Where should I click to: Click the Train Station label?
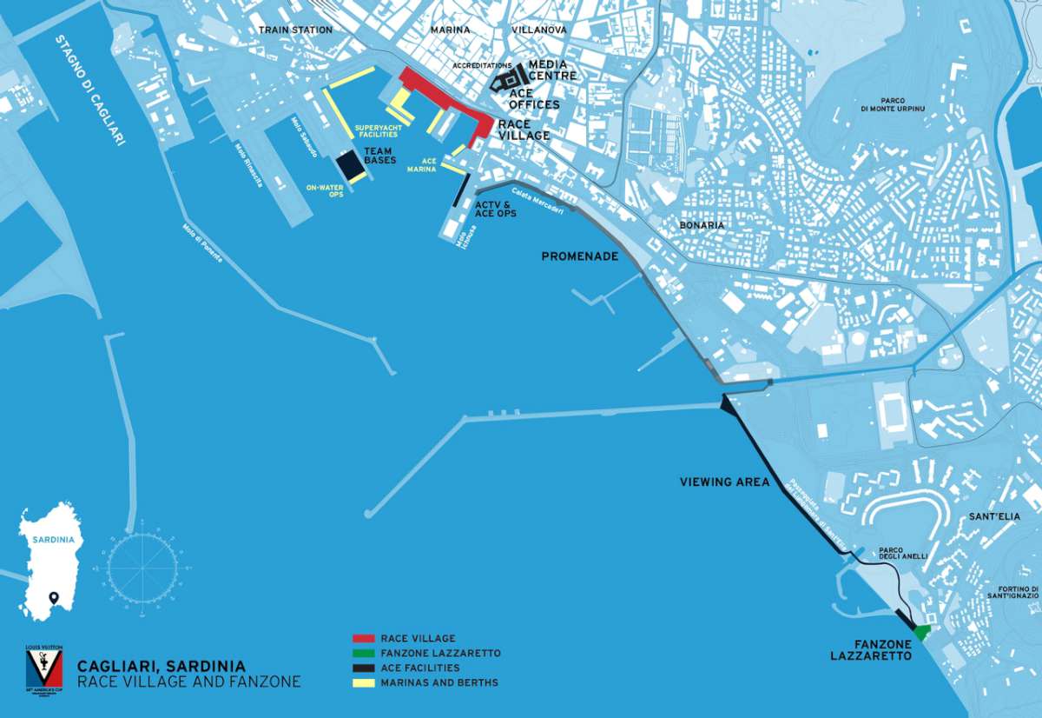pos(295,30)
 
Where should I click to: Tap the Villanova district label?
pos(539,30)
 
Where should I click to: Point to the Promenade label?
pos(579,256)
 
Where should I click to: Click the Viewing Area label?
pos(725,482)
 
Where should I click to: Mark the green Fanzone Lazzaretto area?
pos(921,631)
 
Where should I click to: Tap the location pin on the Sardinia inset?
pos(54,598)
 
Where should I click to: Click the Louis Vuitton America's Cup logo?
pos(43,669)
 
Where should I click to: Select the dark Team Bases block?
pos(349,164)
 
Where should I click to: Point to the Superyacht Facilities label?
pos(376,131)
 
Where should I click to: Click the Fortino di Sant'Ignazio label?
pos(1012,591)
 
